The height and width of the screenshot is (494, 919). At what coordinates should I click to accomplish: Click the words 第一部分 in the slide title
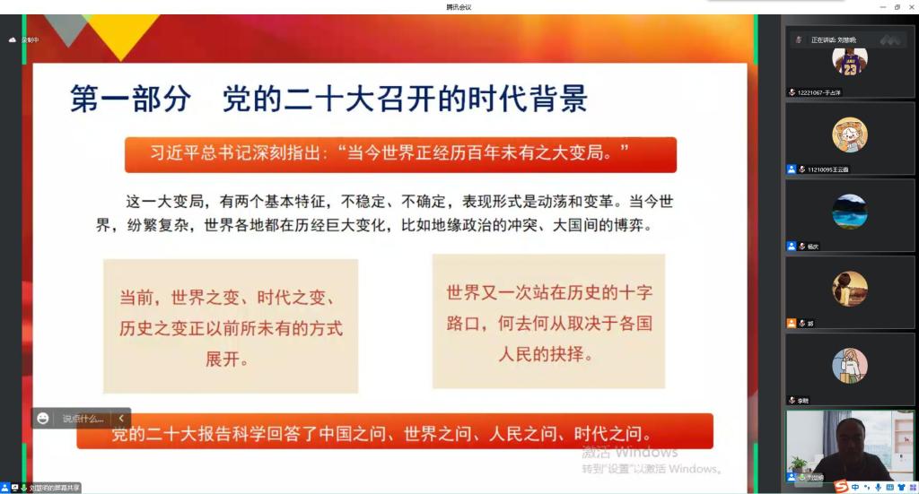click(x=131, y=98)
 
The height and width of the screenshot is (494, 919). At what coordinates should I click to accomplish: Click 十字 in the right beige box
click(x=635, y=291)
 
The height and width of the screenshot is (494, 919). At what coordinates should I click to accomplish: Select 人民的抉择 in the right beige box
click(x=547, y=353)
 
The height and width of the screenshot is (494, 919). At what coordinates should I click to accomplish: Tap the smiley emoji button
click(x=43, y=418)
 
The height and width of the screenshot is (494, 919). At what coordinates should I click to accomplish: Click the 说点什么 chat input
click(x=83, y=419)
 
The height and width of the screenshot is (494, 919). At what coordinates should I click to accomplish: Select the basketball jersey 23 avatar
click(x=849, y=61)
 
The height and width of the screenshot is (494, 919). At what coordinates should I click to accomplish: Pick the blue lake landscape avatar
click(x=849, y=212)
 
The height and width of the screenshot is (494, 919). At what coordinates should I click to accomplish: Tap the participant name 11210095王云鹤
click(x=822, y=169)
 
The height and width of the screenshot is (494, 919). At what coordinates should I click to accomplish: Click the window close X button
click(x=910, y=6)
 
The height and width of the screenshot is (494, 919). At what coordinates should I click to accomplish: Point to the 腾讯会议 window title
click(x=459, y=6)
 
